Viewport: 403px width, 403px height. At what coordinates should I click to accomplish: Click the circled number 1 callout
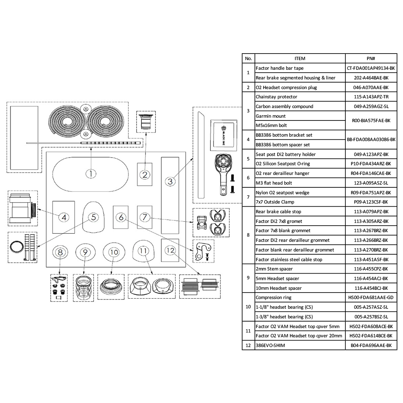[91, 174]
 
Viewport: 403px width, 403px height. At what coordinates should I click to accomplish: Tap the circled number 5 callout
[93, 217]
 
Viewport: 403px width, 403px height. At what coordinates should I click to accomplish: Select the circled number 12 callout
[170, 251]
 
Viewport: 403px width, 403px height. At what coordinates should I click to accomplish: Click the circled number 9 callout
[85, 252]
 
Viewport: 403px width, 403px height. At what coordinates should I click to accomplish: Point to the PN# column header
[371, 58]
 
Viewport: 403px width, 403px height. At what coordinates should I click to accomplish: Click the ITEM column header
[300, 58]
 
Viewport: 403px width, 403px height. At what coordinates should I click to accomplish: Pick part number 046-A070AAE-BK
[371, 87]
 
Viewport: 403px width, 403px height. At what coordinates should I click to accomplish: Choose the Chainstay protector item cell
[276, 97]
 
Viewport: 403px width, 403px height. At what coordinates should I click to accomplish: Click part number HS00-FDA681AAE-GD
[371, 297]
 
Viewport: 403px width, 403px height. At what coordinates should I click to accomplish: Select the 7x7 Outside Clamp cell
[275, 202]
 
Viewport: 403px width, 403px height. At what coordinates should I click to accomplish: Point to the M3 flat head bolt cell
[275, 183]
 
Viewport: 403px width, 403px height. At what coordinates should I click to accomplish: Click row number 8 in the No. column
[248, 235]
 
